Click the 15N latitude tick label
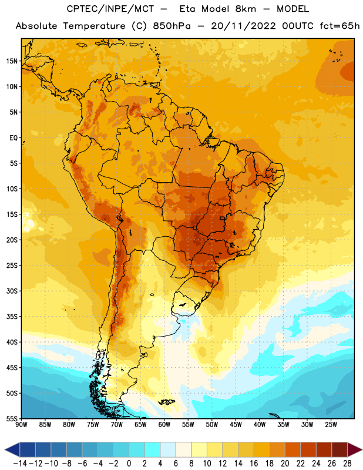(12, 61)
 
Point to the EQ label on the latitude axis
(14, 138)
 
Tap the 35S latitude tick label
(12, 317)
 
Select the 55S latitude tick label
(12, 418)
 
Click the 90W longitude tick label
(22, 424)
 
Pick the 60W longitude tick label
(164, 424)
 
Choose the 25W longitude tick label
(331, 424)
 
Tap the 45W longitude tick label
(236, 424)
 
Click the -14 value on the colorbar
(20, 464)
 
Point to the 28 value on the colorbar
(347, 464)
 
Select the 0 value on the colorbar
(129, 464)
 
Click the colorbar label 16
(254, 464)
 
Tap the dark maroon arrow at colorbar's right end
(354, 449)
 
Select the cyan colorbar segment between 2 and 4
(152, 449)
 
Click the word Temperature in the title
(94, 26)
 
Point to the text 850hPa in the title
(172, 26)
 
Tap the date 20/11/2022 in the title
(243, 26)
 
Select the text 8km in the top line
(246, 9)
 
